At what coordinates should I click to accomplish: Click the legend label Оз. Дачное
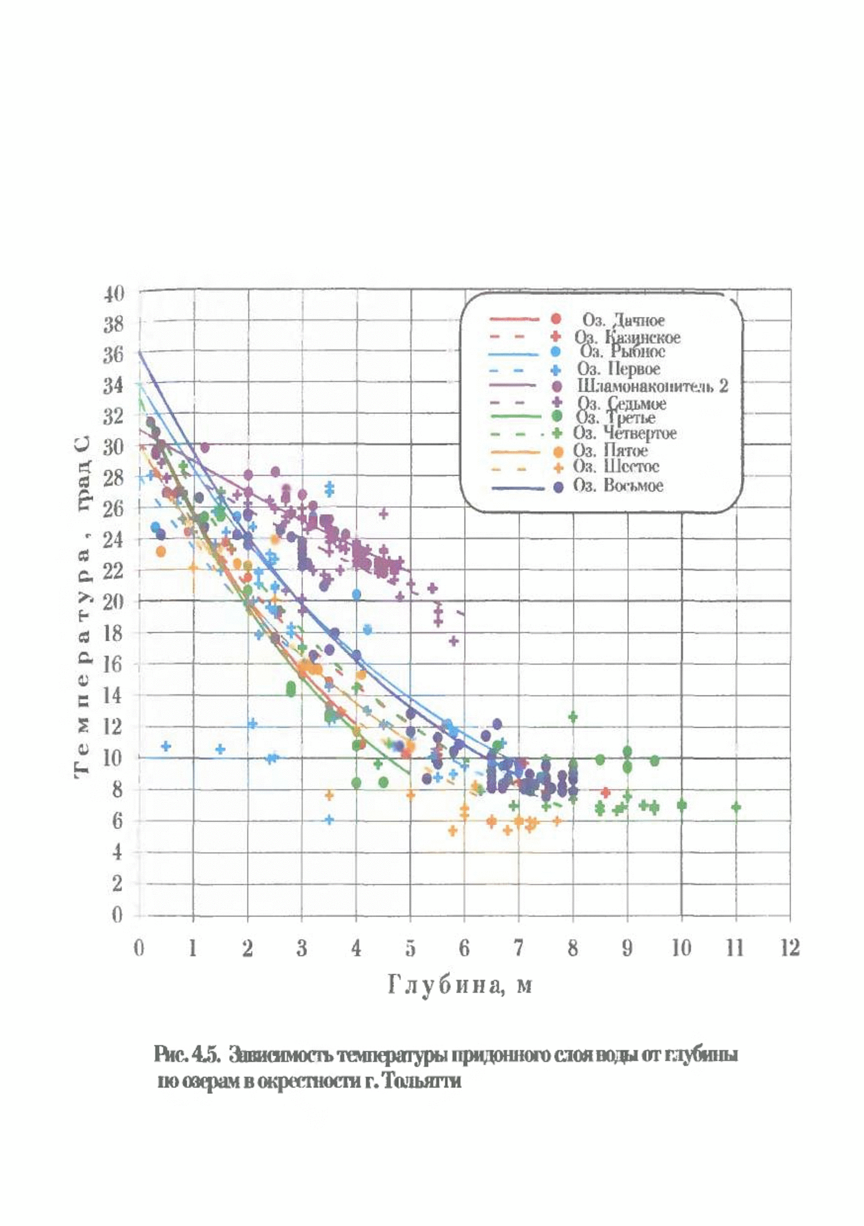point(623,320)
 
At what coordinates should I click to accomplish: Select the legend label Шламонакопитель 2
point(652,385)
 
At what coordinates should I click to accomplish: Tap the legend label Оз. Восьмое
point(618,485)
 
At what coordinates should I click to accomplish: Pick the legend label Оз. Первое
point(618,369)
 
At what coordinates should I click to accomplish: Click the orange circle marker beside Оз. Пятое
point(558,451)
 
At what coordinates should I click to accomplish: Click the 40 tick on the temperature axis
point(113,294)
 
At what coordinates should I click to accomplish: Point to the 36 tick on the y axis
point(113,355)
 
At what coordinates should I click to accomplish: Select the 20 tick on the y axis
point(113,602)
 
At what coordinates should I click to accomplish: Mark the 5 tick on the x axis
point(410,948)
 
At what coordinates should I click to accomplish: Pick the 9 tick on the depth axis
point(627,948)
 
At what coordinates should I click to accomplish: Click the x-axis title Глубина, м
point(459,985)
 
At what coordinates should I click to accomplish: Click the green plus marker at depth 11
point(736,808)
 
